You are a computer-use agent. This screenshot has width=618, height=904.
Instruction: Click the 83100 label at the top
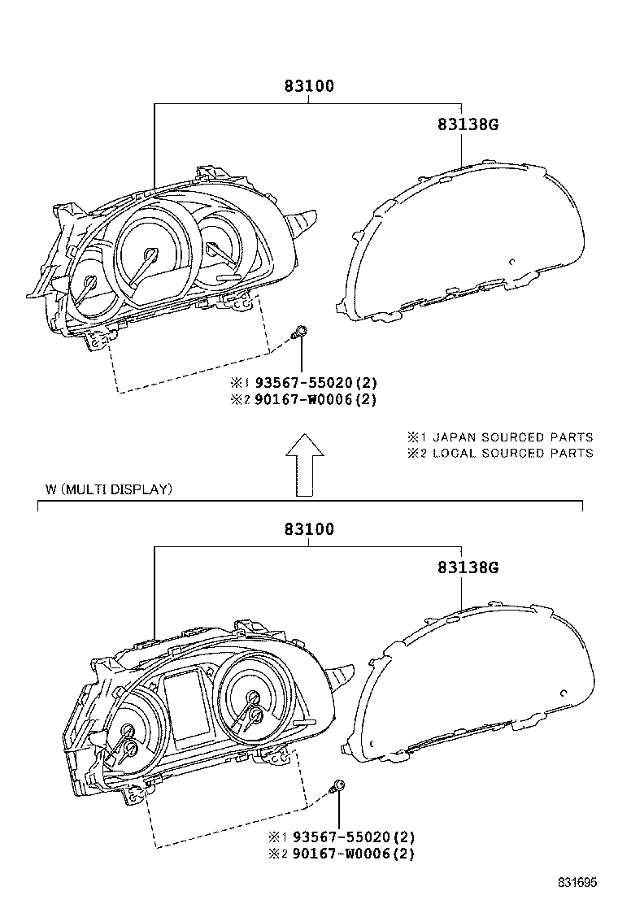coord(309,85)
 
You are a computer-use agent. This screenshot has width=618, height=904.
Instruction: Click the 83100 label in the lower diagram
coord(309,529)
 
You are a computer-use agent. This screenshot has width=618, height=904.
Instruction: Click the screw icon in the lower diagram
coord(338,785)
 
